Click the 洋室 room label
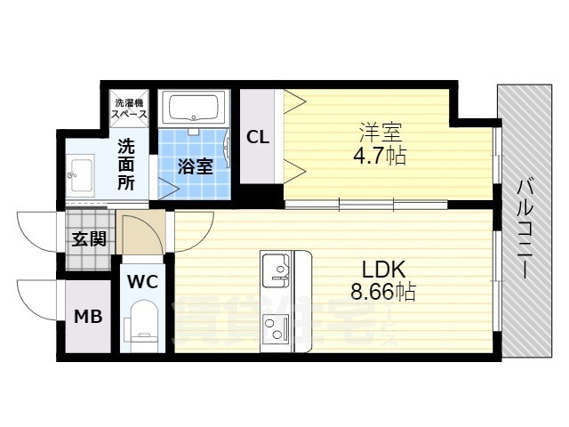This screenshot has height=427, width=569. (x=381, y=134)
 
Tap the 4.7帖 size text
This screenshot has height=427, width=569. (x=381, y=157)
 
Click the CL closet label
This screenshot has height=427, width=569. (x=258, y=137)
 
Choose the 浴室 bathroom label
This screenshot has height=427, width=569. (x=195, y=165)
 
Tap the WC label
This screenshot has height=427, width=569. (x=143, y=282)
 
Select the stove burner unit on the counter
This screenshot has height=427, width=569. (x=276, y=326)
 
